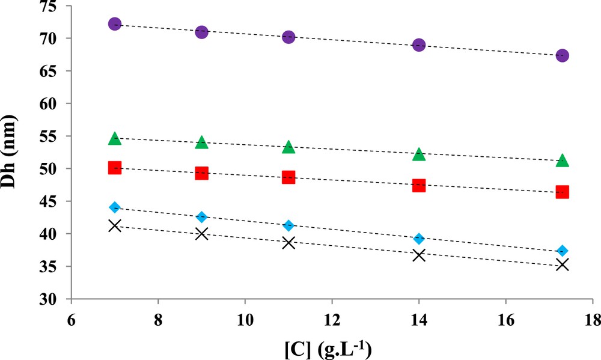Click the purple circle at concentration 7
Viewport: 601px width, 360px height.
115,24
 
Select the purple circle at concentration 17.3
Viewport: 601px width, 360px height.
563,55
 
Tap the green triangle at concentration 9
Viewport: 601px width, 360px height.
201,142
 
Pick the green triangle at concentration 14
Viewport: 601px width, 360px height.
419,154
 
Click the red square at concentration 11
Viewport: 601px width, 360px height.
288,177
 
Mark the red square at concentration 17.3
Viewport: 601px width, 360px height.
563,192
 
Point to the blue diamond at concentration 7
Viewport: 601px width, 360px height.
115,207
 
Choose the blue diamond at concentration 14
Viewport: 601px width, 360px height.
419,239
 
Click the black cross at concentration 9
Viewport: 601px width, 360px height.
201,233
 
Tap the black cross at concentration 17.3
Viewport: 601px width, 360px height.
563,264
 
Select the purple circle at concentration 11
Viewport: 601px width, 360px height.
288,37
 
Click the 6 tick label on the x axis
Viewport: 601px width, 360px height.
70,319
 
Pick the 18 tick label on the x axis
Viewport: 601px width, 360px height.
593,319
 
